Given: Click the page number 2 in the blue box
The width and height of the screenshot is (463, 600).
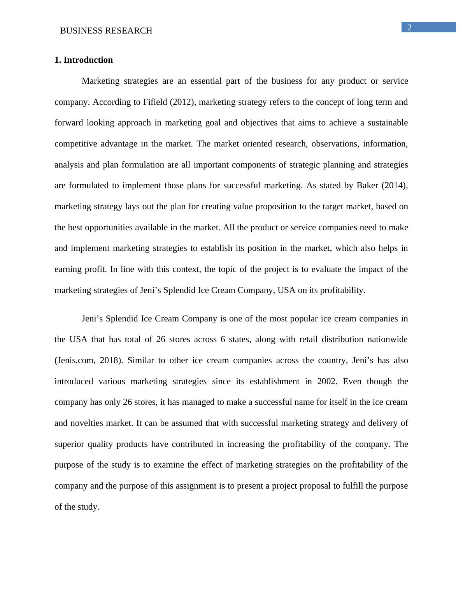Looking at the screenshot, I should (x=409, y=27).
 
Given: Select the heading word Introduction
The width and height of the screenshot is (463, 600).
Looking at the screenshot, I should (x=88, y=60).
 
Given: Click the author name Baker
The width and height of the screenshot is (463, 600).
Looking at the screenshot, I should (x=367, y=185).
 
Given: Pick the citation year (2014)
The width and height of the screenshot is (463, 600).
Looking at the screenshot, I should (x=395, y=185).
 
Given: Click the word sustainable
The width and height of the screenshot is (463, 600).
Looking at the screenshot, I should (x=387, y=123).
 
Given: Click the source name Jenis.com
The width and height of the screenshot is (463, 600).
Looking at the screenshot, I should (x=74, y=360).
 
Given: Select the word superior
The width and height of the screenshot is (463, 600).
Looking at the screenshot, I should (x=68, y=444).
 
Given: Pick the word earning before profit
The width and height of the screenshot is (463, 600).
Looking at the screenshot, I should (x=68, y=269).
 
